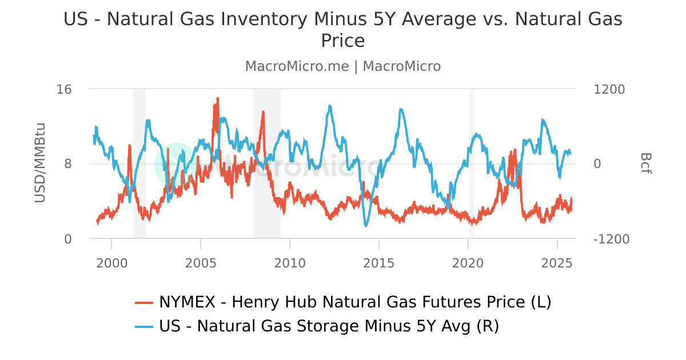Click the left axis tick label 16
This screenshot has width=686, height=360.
[64, 89]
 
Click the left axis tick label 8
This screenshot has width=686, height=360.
[68, 164]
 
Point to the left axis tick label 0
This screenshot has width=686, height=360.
[68, 239]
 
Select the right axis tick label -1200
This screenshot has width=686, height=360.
[612, 239]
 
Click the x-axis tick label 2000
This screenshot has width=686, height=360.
[111, 263]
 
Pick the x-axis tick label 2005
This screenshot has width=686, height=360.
[201, 263]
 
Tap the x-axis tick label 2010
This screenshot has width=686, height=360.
[290, 263]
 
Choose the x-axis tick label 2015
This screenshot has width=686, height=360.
[379, 263]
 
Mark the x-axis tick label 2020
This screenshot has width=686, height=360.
[468, 263]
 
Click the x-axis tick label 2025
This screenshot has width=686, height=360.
[557, 263]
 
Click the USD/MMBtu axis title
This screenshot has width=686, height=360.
[39, 162]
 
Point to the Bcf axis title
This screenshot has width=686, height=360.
[645, 163]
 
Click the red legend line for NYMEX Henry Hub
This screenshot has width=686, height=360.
[144, 302]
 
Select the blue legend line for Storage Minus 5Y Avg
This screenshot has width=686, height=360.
[144, 327]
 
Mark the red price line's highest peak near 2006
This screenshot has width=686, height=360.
[218, 98]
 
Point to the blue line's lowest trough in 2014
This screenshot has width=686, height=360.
[366, 226]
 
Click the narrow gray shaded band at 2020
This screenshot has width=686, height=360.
[472, 163]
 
